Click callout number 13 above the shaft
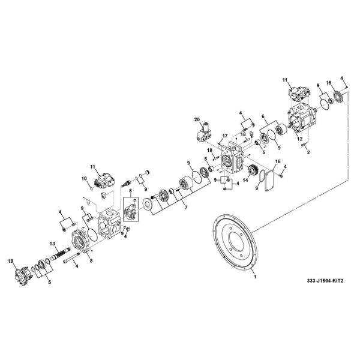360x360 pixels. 53,242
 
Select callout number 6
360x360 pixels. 262,117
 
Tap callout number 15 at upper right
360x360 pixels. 328,82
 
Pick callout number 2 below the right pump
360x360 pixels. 307,153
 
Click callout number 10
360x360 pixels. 85,179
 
